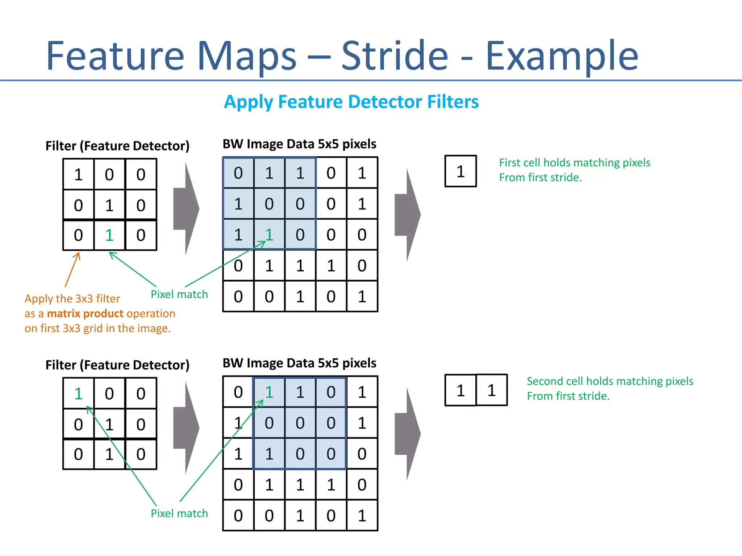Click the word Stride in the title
pyautogui.click(x=395, y=56)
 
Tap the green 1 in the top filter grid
pyautogui.click(x=109, y=235)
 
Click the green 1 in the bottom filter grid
pyautogui.click(x=79, y=393)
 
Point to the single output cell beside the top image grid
pyautogui.click(x=460, y=172)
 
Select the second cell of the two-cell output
pyautogui.click(x=491, y=390)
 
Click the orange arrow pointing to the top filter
pyautogui.click(x=72, y=270)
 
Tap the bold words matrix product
pyautogui.click(x=85, y=313)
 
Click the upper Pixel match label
pyautogui.click(x=179, y=294)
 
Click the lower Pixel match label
pyautogui.click(x=179, y=513)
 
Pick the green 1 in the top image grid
pyautogui.click(x=269, y=235)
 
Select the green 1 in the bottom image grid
pyautogui.click(x=269, y=392)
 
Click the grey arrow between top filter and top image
pyautogui.click(x=187, y=209)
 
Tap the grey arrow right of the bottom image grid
pyautogui.click(x=408, y=434)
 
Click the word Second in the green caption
pyautogui.click(x=544, y=381)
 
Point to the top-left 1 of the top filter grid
pyautogui.click(x=79, y=174)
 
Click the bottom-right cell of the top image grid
pyautogui.click(x=362, y=296)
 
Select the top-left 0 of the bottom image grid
pyautogui.click(x=238, y=392)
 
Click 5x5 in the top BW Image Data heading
pyautogui.click(x=329, y=144)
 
